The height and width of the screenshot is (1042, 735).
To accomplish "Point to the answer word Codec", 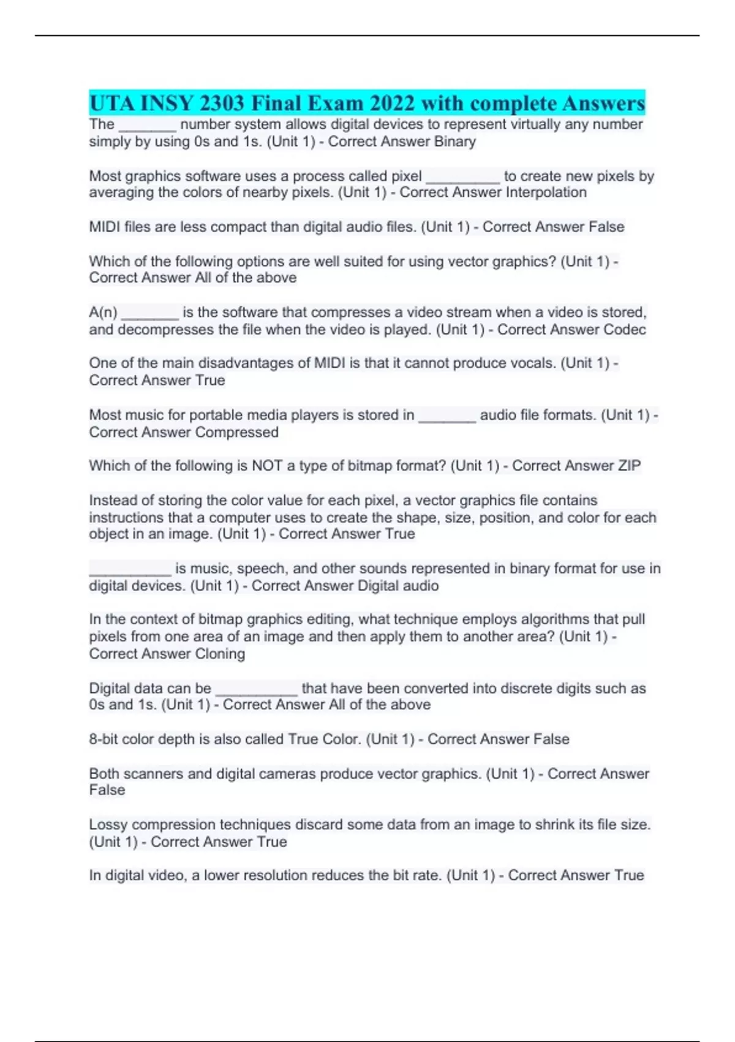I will pos(625,330).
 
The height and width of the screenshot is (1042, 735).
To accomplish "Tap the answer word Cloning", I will pos(220,654).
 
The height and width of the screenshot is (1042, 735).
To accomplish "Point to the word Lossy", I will pos(108,825).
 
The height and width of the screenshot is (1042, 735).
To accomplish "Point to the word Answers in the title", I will pos(603,103).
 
